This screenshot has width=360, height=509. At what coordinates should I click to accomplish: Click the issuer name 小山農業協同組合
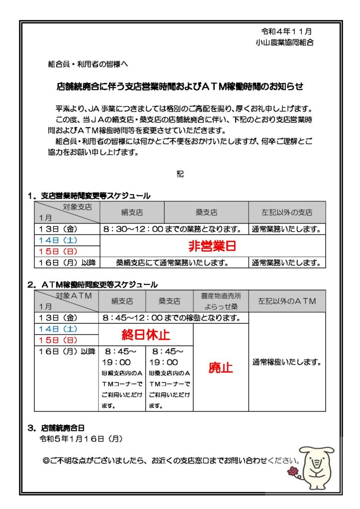[x=284, y=42]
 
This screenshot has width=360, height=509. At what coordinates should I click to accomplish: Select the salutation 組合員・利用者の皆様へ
[x=88, y=64]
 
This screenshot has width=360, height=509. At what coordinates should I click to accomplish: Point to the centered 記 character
[x=180, y=174]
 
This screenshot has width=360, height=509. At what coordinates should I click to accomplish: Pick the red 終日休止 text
[x=145, y=335]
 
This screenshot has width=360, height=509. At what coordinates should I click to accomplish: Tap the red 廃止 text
[x=220, y=368]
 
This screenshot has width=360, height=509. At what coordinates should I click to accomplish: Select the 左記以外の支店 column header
[x=287, y=212]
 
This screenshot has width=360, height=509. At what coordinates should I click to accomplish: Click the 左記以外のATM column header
[x=287, y=301]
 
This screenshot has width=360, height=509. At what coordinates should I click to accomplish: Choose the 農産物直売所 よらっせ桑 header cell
[x=220, y=301]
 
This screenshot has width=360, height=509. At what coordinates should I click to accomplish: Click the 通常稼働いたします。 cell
[x=287, y=362]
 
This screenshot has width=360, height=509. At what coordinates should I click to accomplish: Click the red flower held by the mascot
[x=293, y=471]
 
